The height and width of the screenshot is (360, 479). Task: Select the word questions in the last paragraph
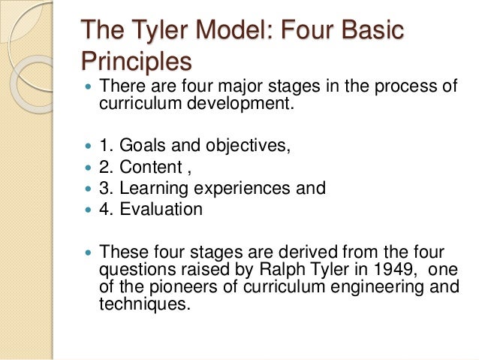coord(137,268)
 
